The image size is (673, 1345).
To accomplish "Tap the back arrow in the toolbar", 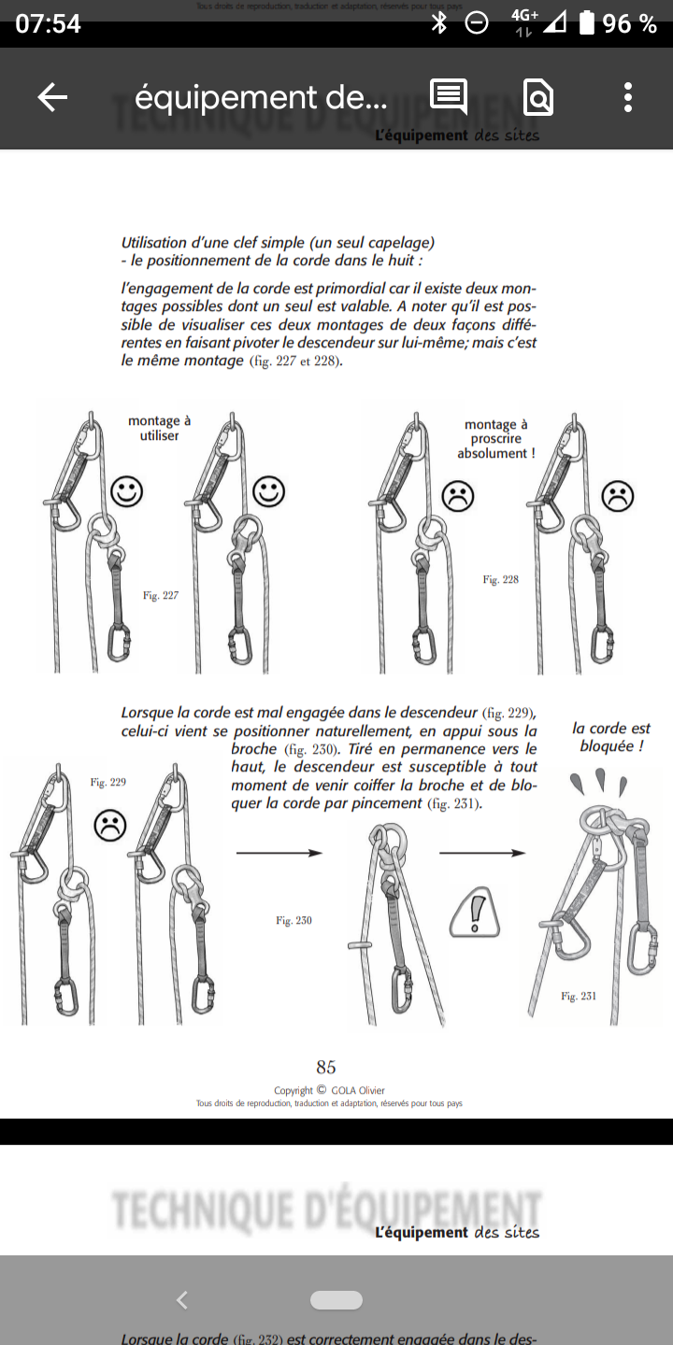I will pos(52,97).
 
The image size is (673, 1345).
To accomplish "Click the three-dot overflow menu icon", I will pos(628,97).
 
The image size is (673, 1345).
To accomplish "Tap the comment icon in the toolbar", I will pos(449,96).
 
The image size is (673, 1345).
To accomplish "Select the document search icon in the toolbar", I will pos(538,97).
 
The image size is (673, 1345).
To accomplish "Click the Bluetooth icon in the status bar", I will pos(439,23).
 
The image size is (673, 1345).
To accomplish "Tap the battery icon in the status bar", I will pos(587,23).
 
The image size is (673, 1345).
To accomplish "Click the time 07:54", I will pos(49,24).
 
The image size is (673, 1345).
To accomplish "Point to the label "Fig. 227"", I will pos(161,595).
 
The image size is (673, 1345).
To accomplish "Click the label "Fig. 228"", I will pos(500,580).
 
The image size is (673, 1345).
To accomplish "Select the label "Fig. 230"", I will pos(294,921).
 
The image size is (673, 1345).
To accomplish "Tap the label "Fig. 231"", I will pos(579,997).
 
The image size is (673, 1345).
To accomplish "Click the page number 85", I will pos(326,1067).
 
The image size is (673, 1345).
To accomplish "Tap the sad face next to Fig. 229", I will pos(110,825).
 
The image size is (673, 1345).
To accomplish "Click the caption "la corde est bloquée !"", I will pos(611,737).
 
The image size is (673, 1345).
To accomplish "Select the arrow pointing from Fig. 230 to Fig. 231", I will pos(481,853).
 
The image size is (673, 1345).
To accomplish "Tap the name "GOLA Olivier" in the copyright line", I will pos(358,1090).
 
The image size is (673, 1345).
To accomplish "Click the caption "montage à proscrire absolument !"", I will pos(496,439).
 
